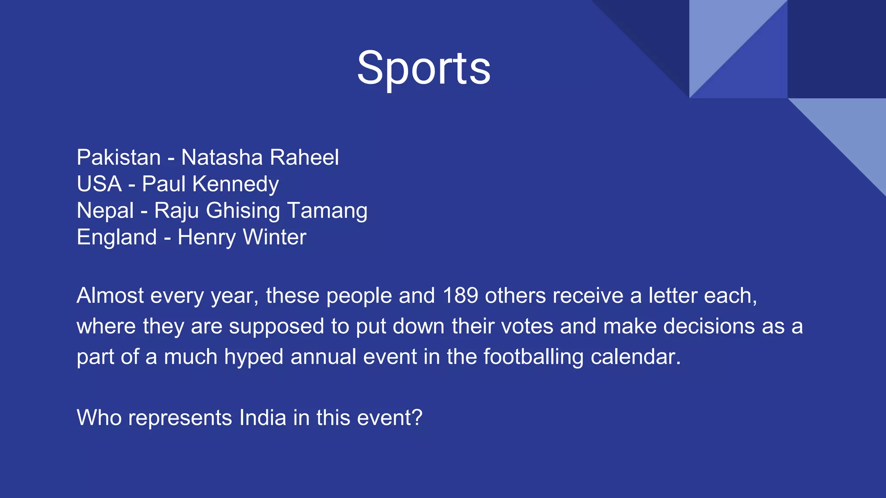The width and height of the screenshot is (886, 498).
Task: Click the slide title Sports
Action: pyautogui.click(x=424, y=68)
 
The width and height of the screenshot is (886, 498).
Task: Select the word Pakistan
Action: pyautogui.click(x=119, y=157)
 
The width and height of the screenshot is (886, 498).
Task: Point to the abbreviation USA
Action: pyautogui.click(x=99, y=184)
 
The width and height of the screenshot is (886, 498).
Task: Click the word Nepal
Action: pyautogui.click(x=105, y=211)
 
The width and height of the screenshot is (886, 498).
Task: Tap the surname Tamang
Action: pyautogui.click(x=327, y=211)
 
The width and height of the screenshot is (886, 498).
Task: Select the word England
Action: pyautogui.click(x=117, y=238)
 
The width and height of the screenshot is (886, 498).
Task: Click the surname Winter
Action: pyautogui.click(x=274, y=237)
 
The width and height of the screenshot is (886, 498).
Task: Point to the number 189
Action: pyautogui.click(x=460, y=296)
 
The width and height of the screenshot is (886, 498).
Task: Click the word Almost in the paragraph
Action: pyautogui.click(x=110, y=296)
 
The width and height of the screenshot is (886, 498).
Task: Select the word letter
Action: pyautogui.click(x=672, y=296)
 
